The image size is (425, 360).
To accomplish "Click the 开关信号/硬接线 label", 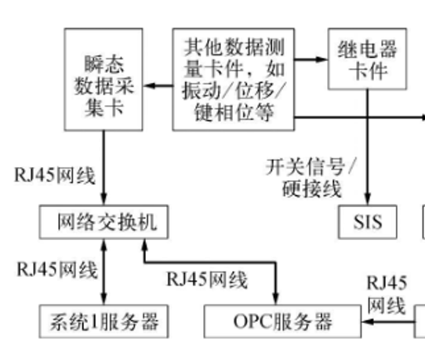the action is [311, 178].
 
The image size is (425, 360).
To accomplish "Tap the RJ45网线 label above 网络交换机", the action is [55, 176].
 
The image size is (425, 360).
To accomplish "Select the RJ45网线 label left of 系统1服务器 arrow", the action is [57, 270].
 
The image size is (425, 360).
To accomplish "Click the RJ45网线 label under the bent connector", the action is [207, 279].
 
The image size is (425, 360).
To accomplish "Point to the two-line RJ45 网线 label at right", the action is [387, 294].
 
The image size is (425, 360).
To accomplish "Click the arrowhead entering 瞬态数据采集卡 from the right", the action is [149, 86].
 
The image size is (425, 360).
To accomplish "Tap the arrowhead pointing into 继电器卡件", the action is [321, 59].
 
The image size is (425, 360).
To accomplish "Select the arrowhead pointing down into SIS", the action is [368, 199].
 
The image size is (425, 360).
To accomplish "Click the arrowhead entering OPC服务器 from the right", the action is [368, 322].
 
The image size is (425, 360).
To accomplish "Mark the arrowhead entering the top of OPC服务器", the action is [276, 299].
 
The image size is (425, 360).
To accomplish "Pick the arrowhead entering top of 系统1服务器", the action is [104, 299].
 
